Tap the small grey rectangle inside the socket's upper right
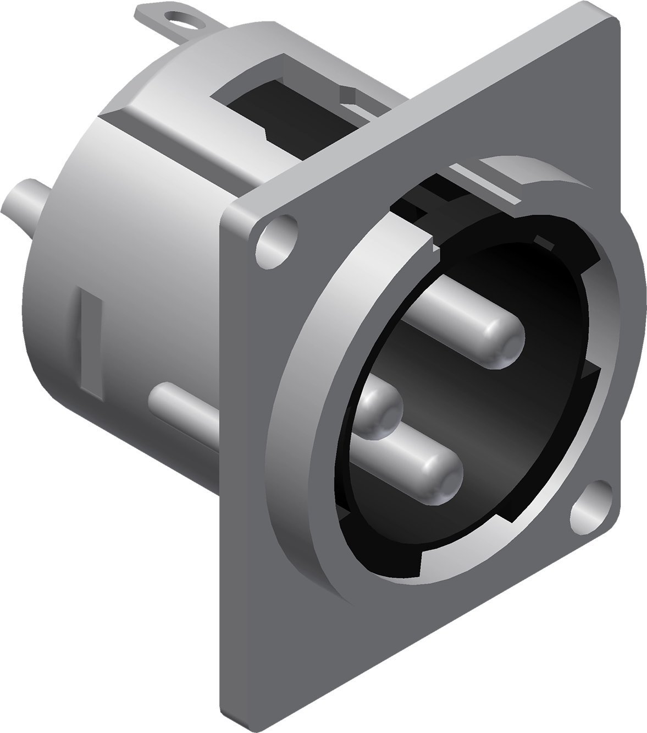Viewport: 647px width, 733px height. (x=544, y=243)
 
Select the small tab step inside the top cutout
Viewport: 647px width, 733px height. (x=349, y=99)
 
